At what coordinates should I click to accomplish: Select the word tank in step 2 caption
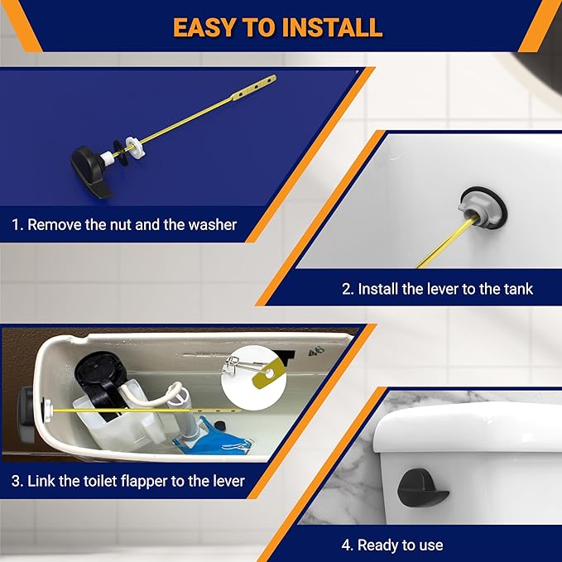[x=515, y=290]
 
